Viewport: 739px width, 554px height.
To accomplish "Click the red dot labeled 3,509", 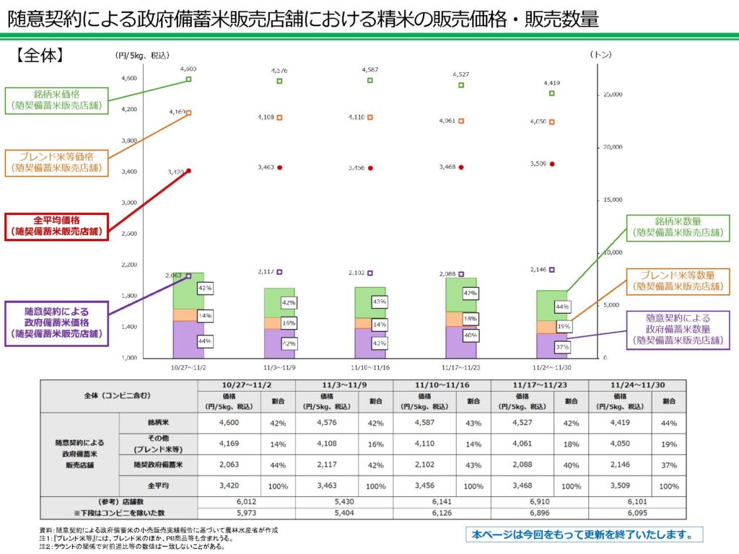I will (x=552, y=164).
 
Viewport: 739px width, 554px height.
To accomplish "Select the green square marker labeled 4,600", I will (x=188, y=79).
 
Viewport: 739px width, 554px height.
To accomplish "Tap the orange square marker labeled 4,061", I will (x=461, y=121).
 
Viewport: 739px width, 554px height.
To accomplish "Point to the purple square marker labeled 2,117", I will (x=279, y=272).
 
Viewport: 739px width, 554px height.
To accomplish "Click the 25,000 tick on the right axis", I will (x=612, y=94).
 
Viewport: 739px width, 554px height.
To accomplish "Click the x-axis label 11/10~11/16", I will (x=370, y=366).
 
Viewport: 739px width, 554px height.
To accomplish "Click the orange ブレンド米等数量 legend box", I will (x=678, y=281).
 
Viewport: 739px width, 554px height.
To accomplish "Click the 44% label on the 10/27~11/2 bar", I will (x=204, y=340).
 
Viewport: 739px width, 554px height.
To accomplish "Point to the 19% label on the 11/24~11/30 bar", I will (x=564, y=326).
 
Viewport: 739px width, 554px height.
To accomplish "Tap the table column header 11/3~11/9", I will (x=344, y=386).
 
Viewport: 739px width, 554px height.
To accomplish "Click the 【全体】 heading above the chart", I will (x=41, y=55).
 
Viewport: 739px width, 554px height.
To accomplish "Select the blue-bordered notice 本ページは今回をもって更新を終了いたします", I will (x=584, y=535).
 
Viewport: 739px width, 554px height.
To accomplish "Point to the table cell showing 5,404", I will (x=344, y=513).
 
